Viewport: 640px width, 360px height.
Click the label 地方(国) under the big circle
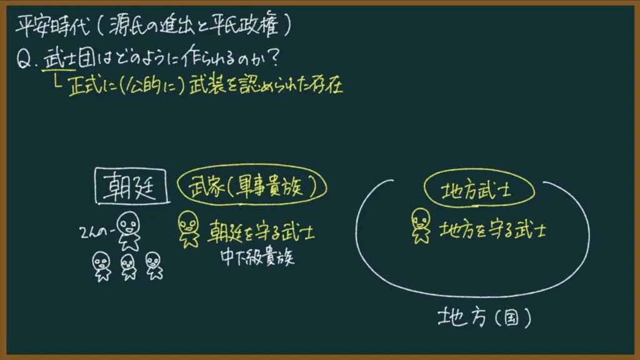point(484,317)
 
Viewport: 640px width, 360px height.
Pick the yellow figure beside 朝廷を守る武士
point(189,229)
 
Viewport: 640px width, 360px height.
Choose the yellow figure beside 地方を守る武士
point(421,226)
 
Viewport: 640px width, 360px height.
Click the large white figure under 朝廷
point(129,231)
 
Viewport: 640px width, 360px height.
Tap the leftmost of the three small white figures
point(101,266)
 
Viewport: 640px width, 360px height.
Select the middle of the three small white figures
point(128,267)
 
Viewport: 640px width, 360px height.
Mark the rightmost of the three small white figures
point(154,266)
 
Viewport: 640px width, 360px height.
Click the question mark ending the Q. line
point(274,58)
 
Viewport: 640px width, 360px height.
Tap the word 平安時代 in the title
point(52,26)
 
